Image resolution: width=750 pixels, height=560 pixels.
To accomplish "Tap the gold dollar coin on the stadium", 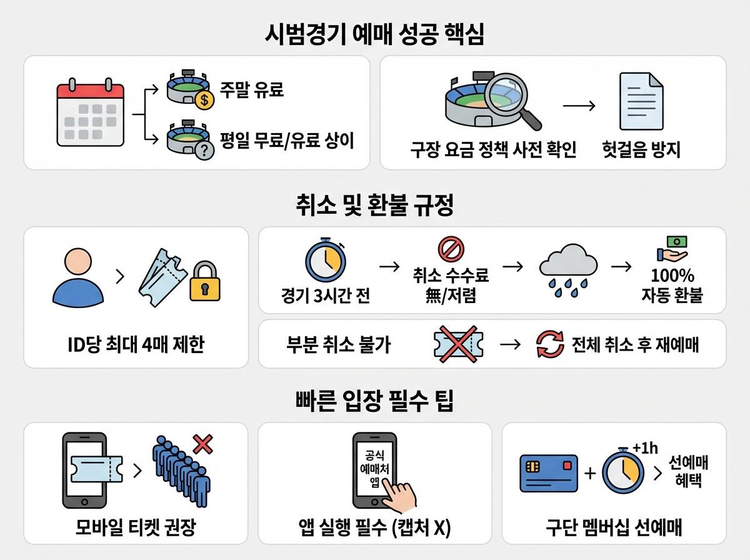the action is pyautogui.click(x=204, y=98).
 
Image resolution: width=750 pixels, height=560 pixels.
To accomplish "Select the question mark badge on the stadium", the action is pyautogui.click(x=204, y=150).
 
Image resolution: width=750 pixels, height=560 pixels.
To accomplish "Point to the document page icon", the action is pyautogui.click(x=641, y=101).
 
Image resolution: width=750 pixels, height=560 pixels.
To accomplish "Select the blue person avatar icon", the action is pyautogui.click(x=78, y=275).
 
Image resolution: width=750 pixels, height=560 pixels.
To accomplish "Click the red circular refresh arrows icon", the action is pyautogui.click(x=550, y=344).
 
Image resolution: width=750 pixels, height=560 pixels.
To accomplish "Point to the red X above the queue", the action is pyautogui.click(x=202, y=444).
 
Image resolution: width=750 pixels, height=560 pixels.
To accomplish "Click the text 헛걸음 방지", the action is pyautogui.click(x=641, y=150).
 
